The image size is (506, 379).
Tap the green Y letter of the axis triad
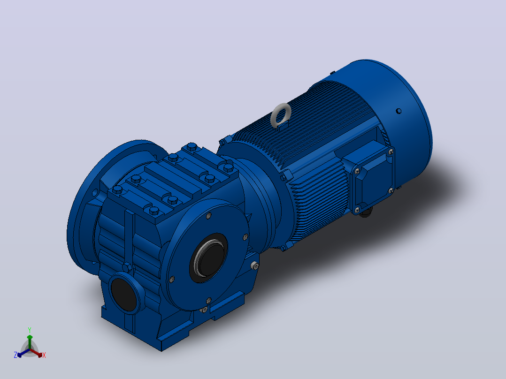tap(30, 330)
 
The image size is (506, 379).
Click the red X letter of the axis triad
tap(44, 355)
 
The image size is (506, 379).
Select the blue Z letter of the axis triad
tap(15, 355)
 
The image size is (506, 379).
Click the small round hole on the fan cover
tap(399, 111)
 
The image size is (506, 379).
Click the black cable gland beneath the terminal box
tap(366, 212)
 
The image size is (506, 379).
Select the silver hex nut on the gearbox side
tap(254, 266)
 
